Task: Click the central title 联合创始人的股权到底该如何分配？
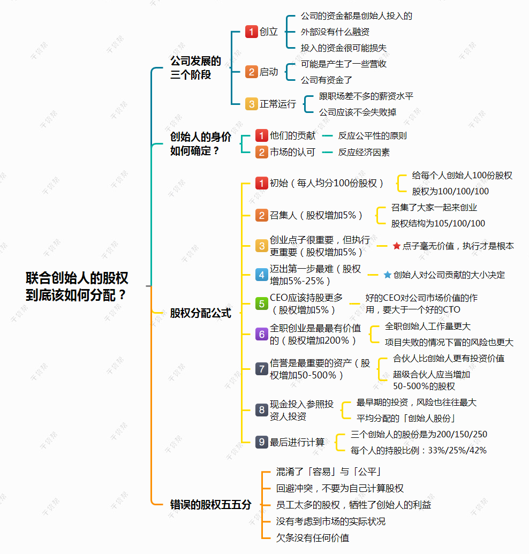(77, 286)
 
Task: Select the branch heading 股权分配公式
(200, 313)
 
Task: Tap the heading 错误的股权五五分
(210, 505)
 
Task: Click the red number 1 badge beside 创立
(251, 32)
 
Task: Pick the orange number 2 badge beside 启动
(251, 72)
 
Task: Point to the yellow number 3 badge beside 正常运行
(251, 104)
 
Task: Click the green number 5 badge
(261, 303)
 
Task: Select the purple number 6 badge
(261, 334)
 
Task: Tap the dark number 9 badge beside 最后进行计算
(261, 442)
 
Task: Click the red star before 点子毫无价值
(397, 246)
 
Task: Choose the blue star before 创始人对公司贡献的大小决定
(387, 275)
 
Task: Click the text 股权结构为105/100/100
(438, 223)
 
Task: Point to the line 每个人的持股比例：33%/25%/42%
(418, 451)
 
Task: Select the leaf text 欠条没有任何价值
(312, 538)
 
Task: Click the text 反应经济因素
(364, 152)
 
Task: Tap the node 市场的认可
(292, 152)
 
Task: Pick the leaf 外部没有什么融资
(335, 32)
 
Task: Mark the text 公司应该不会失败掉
(358, 112)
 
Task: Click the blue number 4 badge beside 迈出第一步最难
(261, 275)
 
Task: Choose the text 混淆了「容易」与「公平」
(328, 472)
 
